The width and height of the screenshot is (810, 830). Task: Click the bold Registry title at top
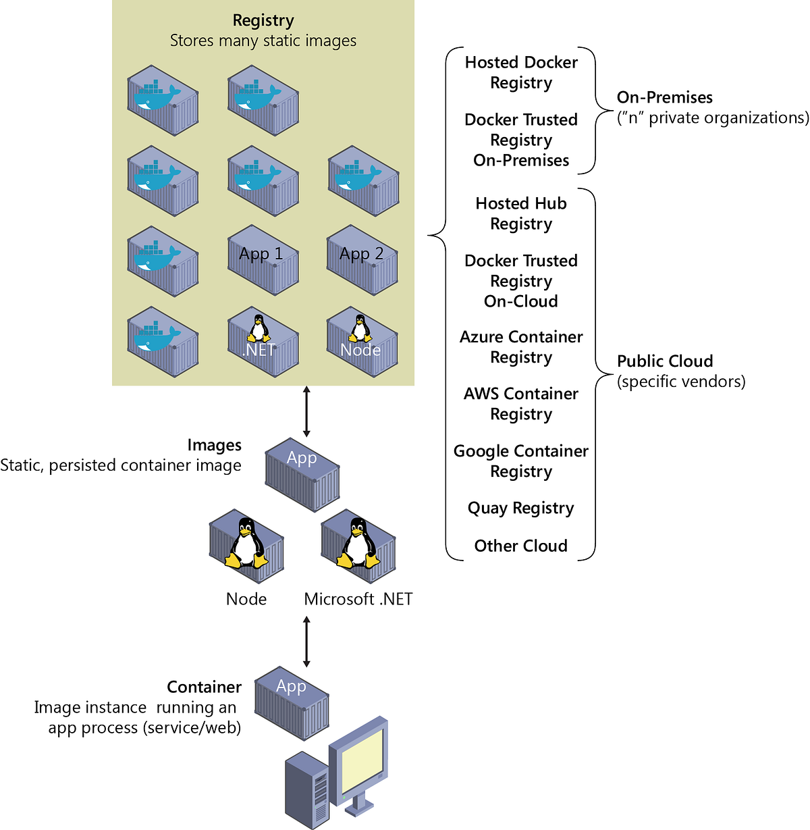[263, 21]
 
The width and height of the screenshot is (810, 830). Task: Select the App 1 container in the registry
[263, 260]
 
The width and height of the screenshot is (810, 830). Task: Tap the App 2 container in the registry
[362, 260]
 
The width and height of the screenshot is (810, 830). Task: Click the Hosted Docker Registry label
[521, 72]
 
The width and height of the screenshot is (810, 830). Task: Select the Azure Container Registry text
[521, 347]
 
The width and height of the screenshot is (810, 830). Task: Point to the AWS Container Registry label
[521, 404]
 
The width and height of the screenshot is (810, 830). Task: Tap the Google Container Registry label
[521, 461]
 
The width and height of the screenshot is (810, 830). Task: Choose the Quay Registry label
[521, 509]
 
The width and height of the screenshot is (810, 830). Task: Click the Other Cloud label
[521, 546]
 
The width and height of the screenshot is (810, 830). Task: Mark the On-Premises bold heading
[665, 97]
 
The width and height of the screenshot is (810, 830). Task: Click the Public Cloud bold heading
[665, 361]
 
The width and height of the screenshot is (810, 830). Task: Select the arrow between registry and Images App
[306, 411]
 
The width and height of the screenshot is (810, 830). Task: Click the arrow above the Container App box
[306, 641]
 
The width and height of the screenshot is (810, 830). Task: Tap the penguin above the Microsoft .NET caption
[357, 544]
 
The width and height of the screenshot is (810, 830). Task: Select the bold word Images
[214, 446]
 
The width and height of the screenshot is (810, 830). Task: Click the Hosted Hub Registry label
[521, 213]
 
